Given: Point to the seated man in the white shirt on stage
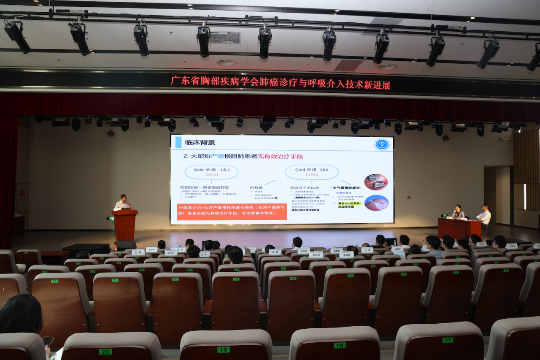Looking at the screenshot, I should [x=484, y=215].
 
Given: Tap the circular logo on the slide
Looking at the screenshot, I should [x=382, y=144].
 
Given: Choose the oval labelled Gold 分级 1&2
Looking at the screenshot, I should [x=211, y=172].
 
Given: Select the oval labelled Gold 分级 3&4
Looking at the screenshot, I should [x=312, y=172].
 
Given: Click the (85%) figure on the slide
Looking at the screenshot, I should [x=211, y=175].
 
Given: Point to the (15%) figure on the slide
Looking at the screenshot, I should [x=312, y=175].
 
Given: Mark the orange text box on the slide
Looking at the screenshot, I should [x=232, y=211].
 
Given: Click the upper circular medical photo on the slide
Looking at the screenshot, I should [x=375, y=182].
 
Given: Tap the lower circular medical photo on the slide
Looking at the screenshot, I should [x=376, y=203].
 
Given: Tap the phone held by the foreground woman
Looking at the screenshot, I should [x=48, y=341].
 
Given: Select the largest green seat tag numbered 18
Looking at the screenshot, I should [x=339, y=345].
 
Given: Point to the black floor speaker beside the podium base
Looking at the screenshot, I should [x=126, y=245].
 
